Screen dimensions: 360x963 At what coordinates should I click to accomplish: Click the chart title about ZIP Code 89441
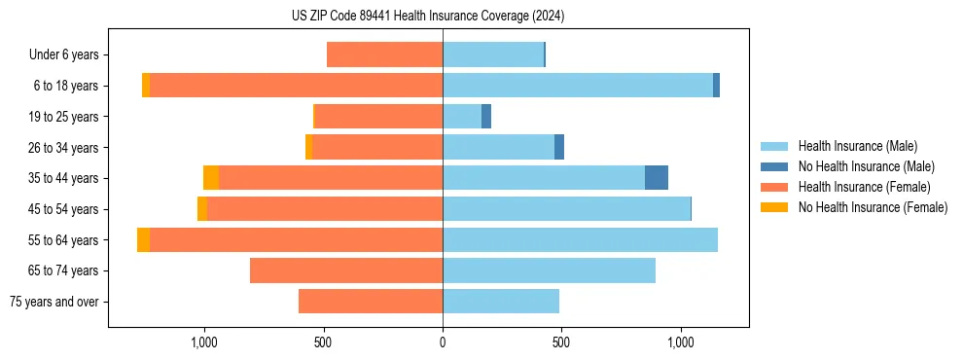tap(427, 17)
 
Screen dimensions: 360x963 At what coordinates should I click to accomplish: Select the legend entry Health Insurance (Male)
tap(857, 146)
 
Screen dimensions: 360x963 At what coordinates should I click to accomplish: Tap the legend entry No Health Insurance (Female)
tap(872, 207)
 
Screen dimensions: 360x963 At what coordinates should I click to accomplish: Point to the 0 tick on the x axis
tap(443, 342)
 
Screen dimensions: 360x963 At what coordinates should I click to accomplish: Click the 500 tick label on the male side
tap(561, 342)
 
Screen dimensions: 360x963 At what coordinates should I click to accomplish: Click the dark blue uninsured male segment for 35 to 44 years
tap(657, 178)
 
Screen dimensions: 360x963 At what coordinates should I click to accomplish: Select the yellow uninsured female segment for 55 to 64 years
tap(143, 239)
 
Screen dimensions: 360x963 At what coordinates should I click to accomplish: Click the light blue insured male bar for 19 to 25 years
tap(462, 117)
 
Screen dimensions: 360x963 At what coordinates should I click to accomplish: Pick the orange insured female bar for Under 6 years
tap(384, 54)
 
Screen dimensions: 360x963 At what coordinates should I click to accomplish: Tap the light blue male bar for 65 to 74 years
tap(549, 270)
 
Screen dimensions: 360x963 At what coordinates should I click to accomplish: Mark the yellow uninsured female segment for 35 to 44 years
tap(211, 178)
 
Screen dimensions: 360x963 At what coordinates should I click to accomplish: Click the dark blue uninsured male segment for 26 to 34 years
tap(559, 147)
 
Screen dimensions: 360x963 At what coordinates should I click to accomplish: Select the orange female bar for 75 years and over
tap(371, 302)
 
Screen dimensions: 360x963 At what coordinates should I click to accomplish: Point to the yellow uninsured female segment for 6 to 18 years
tap(146, 86)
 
